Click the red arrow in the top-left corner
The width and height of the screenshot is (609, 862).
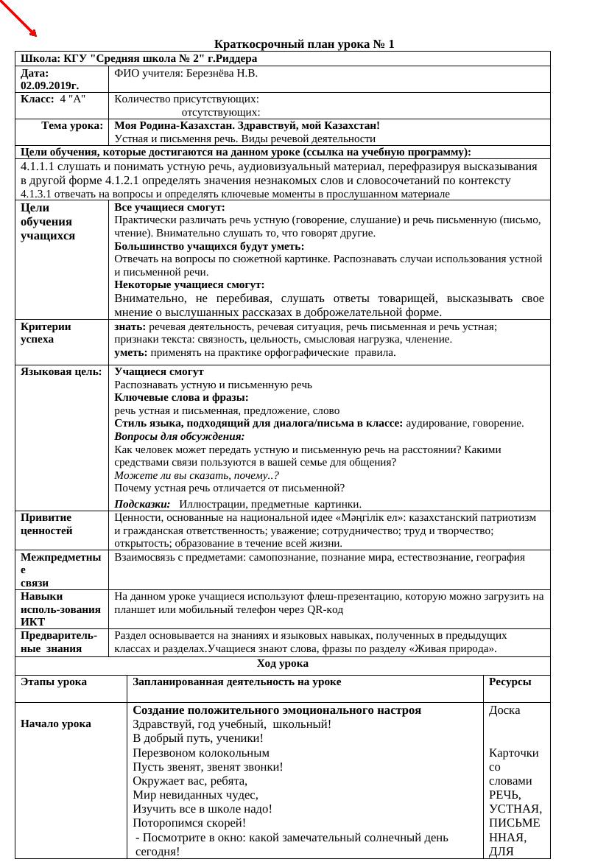click(x=21, y=21)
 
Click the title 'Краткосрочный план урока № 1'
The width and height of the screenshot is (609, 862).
click(x=304, y=44)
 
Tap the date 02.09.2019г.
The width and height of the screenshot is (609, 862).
click(x=49, y=86)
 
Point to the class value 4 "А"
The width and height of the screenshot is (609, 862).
click(x=73, y=99)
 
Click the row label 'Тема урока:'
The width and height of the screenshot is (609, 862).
click(x=72, y=125)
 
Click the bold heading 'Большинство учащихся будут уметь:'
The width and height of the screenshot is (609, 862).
click(x=209, y=246)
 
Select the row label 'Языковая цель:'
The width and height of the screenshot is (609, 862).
click(x=61, y=371)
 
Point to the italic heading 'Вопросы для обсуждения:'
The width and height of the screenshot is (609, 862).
click(x=180, y=436)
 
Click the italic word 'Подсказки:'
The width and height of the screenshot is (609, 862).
click(x=142, y=504)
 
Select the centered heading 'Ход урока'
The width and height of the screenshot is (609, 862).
click(x=283, y=664)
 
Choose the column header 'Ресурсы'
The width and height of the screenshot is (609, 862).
click(x=510, y=681)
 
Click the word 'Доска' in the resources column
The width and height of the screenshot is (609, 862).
click(x=504, y=710)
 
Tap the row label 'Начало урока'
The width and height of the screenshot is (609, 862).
click(x=56, y=723)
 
